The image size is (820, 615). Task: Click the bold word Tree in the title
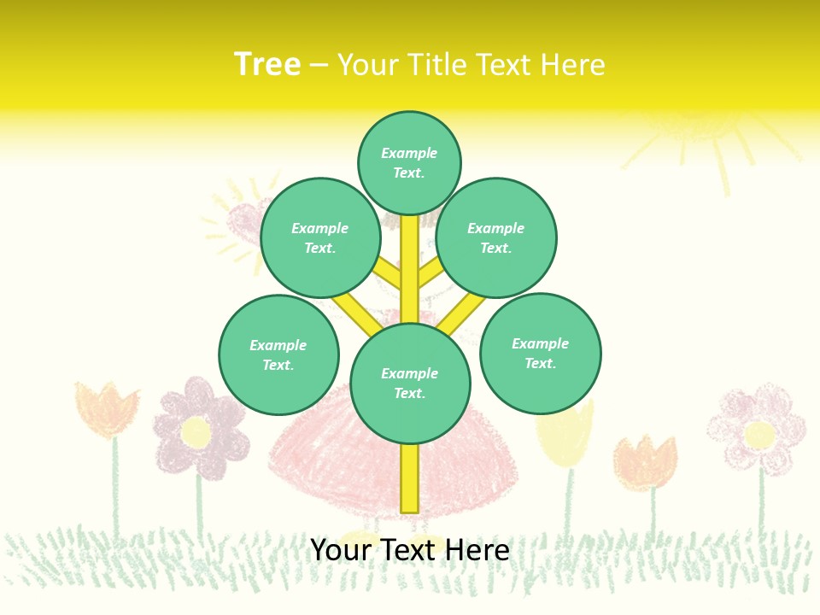(x=267, y=64)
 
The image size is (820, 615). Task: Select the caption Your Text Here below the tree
(x=410, y=549)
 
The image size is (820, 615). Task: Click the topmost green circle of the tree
(x=409, y=162)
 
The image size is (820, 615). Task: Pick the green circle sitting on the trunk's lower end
(x=410, y=384)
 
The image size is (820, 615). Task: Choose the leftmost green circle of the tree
(x=278, y=354)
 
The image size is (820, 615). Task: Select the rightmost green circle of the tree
(x=540, y=353)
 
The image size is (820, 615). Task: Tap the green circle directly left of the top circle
(x=320, y=237)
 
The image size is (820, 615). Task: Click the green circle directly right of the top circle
(x=495, y=237)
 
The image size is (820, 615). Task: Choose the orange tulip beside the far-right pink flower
(x=647, y=462)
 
